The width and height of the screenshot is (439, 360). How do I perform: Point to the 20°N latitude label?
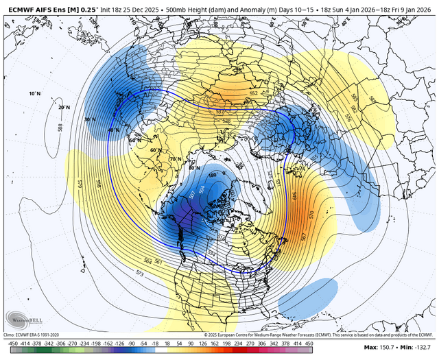[x=64, y=108]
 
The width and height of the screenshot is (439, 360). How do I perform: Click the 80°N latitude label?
[x=194, y=167]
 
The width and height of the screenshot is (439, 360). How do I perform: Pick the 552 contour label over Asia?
[x=253, y=93]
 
